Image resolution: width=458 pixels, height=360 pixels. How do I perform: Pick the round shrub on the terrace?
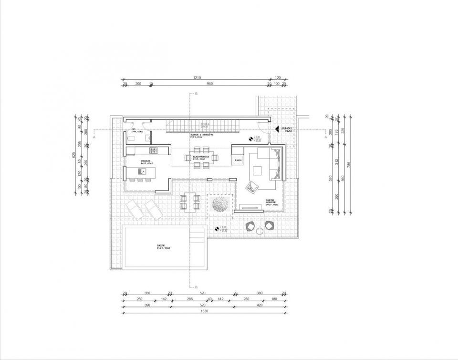(219, 206)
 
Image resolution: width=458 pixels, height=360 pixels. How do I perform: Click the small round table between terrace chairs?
(260, 232)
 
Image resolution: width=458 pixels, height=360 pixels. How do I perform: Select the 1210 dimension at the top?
(197, 77)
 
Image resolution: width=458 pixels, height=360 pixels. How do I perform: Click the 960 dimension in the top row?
(209, 84)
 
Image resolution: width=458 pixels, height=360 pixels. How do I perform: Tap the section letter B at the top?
(196, 94)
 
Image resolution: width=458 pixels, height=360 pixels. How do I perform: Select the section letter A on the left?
(95, 137)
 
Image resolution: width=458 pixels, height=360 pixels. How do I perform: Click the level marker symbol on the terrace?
(217, 229)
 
